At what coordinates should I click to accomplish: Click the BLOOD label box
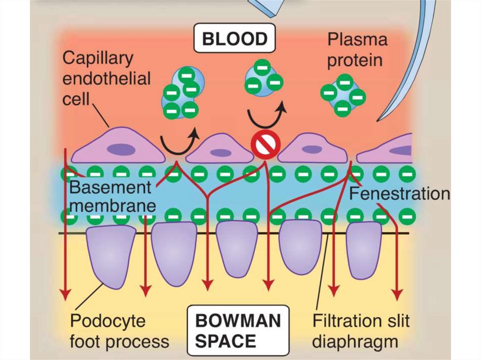pos(234,38)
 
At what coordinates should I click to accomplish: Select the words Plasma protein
pos(357,50)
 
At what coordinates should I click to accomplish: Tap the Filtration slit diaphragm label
pos(361,330)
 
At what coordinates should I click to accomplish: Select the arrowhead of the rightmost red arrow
pos(398,294)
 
